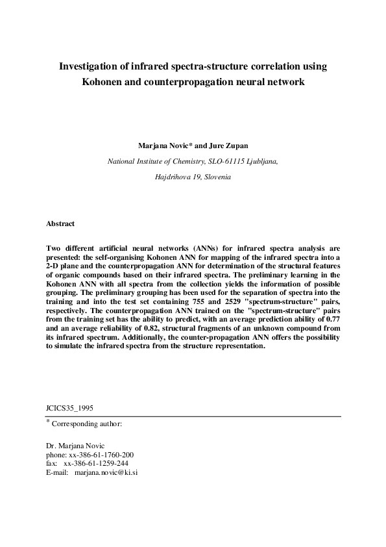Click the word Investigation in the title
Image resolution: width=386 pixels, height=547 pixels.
pos(90,66)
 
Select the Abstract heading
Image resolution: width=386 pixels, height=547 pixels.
pos(60,223)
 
